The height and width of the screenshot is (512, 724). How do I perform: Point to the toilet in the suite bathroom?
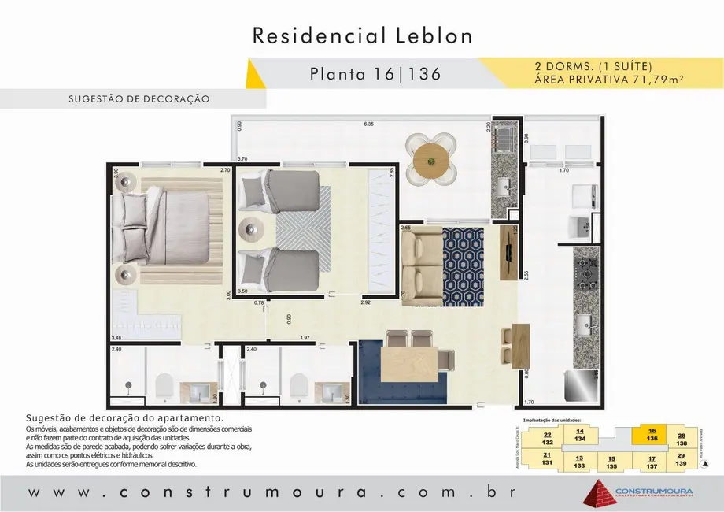164,385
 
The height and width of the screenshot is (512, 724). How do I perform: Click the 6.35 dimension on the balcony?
368,124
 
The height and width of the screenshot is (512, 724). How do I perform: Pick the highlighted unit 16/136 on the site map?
652,436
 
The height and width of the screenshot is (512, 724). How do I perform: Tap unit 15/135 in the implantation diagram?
611,462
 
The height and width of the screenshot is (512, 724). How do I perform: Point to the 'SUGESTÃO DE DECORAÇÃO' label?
139,100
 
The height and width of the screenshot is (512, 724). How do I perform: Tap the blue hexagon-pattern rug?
463,265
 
